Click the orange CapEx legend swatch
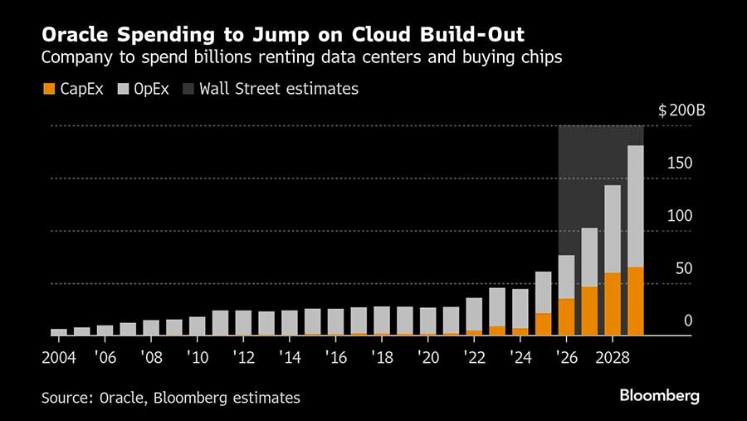pos(48,89)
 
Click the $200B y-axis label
pos(681,111)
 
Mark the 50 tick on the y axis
pos(682,268)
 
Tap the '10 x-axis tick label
pos(198,357)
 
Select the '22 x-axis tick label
pos(475,357)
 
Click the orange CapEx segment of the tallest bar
pos(635,301)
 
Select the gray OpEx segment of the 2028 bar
pos(612,229)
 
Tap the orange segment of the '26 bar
pos(566,317)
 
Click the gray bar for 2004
pos(59,332)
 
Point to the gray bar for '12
pos(244,323)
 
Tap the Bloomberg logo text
pos(659,395)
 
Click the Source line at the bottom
pos(170,398)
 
